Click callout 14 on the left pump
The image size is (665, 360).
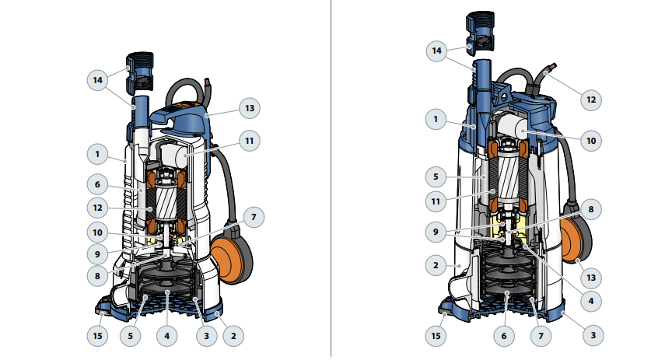tap(97, 80)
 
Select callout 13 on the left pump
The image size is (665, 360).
tap(250, 109)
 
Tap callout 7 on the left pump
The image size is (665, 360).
tap(254, 217)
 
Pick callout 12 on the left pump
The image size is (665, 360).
tap(97, 208)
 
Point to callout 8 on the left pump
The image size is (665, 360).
tap(97, 276)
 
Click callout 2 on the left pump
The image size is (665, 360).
tap(233, 336)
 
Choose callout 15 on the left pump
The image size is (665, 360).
tap(97, 336)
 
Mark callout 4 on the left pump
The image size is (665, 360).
tap(166, 336)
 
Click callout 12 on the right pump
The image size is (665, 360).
tap(591, 100)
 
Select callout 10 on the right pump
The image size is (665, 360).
tap(591, 141)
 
